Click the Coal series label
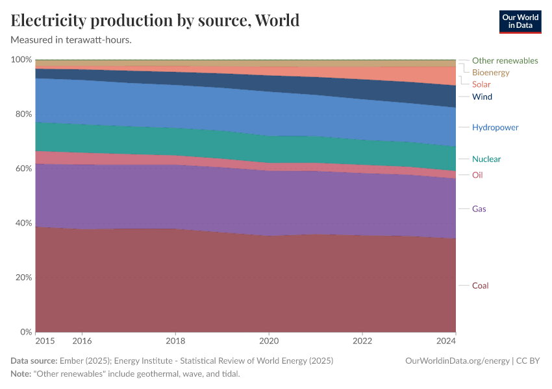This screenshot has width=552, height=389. (480, 286)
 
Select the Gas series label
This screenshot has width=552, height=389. (479, 209)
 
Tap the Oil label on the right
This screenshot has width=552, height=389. (477, 175)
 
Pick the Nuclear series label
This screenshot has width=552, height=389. (486, 159)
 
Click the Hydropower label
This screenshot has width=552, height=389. (495, 127)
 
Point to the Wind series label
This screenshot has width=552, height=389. (482, 97)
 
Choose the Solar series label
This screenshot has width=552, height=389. (481, 84)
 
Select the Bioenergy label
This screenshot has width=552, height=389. (490, 73)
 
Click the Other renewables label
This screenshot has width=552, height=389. (505, 60)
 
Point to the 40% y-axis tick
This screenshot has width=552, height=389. (21, 223)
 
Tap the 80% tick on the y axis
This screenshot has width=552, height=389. (21, 114)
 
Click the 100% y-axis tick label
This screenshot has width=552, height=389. (20, 60)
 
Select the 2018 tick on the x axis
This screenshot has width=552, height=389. (175, 340)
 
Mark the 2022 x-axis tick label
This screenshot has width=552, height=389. (362, 340)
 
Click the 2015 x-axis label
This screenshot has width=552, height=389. (45, 340)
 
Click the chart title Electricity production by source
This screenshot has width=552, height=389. (155, 21)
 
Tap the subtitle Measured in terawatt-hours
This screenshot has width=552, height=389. (71, 40)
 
